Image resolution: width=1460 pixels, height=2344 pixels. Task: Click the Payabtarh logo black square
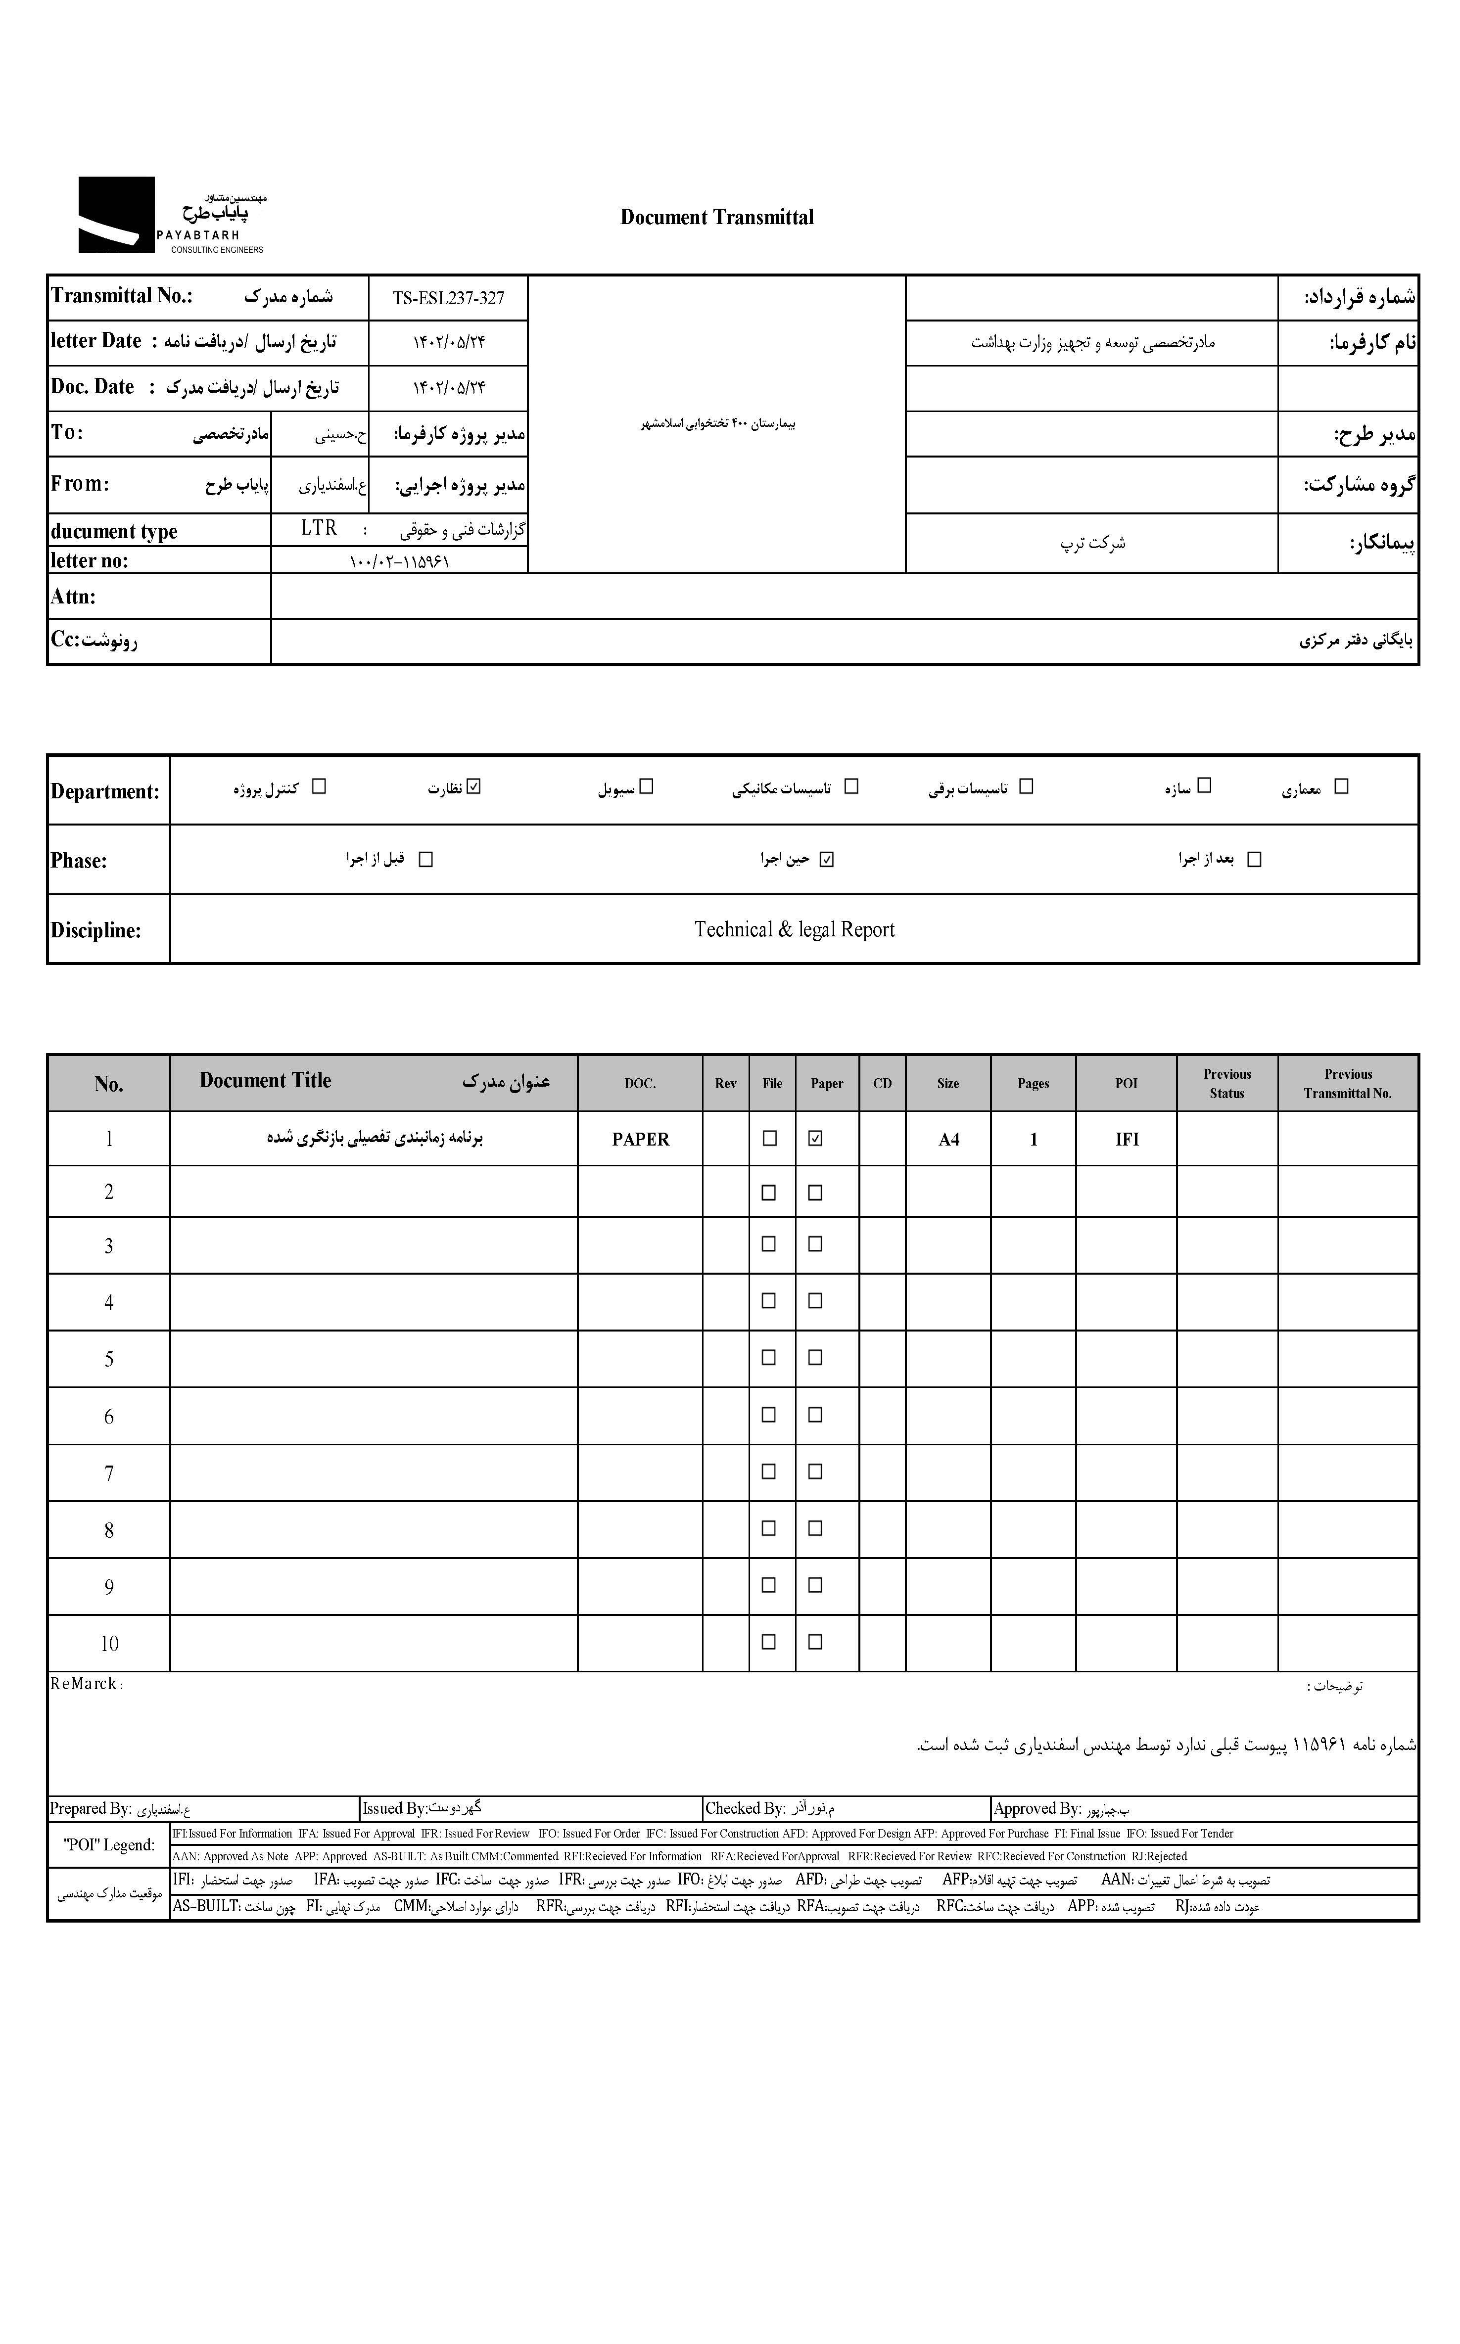116,214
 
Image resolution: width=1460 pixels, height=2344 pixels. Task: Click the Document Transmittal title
716,217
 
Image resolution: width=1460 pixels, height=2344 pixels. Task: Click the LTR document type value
319,528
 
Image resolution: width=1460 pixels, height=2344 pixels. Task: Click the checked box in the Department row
473,787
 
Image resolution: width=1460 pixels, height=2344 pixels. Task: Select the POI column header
1126,1083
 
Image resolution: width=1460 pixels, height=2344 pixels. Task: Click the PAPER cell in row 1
640,1139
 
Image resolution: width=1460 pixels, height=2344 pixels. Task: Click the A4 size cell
948,1139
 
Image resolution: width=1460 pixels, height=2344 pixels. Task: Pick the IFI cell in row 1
1127,1139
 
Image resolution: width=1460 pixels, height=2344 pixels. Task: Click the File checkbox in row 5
769,1357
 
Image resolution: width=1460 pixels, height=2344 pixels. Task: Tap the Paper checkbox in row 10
815,1641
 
